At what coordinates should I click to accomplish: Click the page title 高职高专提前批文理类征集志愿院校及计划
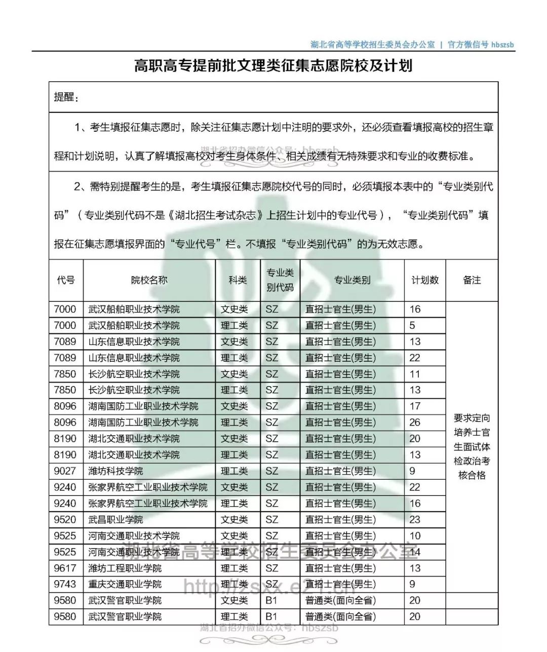[273, 66]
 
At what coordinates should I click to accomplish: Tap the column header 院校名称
[149, 280]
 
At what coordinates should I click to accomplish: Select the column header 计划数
[424, 280]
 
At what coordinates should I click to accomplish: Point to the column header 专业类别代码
[280, 280]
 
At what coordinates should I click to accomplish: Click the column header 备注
[472, 280]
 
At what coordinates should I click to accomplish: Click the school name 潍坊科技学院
[115, 471]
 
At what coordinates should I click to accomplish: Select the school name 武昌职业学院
[115, 520]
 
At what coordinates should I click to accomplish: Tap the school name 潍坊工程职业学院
[125, 568]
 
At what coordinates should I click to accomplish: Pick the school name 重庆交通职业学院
[125, 585]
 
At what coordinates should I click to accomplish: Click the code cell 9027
[65, 471]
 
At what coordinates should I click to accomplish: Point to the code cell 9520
[65, 520]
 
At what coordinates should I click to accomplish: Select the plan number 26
[415, 423]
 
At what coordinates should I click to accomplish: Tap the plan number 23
[415, 520]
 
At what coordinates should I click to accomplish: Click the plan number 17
[415, 406]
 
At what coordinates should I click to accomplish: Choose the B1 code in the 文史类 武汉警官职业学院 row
[271, 601]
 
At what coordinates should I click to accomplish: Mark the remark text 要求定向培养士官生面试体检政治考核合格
[472, 447]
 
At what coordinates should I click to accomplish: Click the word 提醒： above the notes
[66, 97]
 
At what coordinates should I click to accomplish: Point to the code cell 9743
[65, 585]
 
